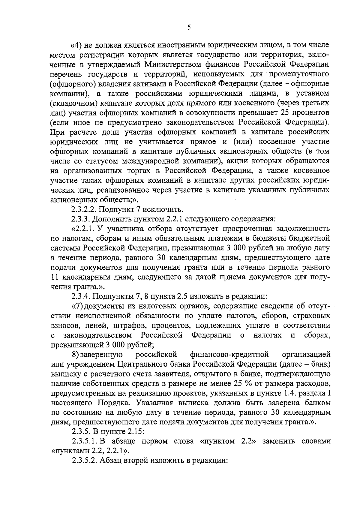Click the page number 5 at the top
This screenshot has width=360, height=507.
[189, 27]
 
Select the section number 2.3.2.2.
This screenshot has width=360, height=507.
[84, 209]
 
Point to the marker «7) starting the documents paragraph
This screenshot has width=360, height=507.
[78, 306]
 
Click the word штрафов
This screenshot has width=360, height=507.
[127, 325]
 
